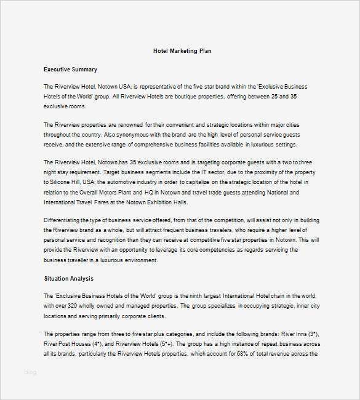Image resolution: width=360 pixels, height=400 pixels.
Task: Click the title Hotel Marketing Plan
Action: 183,50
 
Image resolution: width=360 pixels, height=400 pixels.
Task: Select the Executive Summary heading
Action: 70,70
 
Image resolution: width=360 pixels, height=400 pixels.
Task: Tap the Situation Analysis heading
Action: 68,279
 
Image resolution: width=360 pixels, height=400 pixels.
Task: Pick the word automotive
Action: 126,183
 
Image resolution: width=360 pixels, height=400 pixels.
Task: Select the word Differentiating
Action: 65,220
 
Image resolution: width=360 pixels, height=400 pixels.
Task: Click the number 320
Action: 71,306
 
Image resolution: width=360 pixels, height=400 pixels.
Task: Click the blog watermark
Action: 31,372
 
